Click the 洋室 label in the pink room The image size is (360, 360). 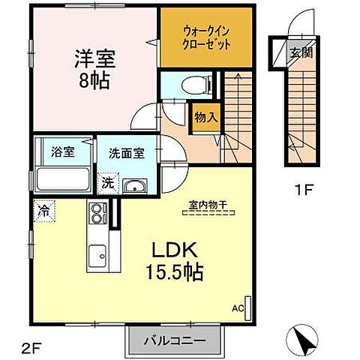[94, 57]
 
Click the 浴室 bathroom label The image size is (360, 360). [62, 151]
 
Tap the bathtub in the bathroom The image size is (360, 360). [62, 180]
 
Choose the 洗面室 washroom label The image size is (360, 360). [126, 152]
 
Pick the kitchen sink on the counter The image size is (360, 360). [97, 259]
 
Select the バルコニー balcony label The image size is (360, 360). [176, 342]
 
